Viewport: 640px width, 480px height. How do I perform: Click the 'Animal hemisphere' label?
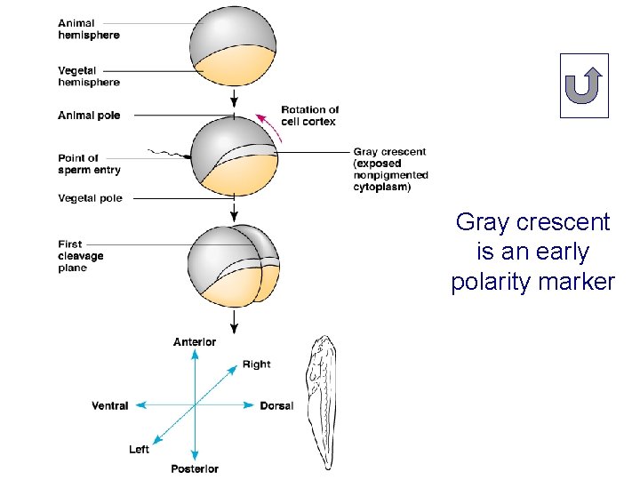[89, 29]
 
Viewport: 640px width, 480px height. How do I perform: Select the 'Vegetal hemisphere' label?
[89, 76]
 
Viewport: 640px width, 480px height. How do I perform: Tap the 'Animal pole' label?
[89, 116]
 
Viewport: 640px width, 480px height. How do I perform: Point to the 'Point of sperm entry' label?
[89, 164]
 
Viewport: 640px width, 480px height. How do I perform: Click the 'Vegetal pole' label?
[90, 198]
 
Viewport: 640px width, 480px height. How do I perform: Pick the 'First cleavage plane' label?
[81, 256]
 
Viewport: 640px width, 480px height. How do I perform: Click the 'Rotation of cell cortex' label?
[308, 116]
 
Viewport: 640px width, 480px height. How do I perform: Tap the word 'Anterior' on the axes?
[195, 342]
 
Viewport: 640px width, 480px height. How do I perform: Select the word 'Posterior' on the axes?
[195, 468]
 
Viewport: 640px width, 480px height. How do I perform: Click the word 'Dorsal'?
[276, 406]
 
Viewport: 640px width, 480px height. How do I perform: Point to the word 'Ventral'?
[110, 406]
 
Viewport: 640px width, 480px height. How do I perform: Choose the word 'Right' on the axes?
[256, 364]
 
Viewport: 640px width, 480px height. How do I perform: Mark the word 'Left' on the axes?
[139, 450]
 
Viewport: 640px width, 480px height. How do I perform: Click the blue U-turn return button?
[584, 86]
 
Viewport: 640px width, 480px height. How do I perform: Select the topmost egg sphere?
[233, 47]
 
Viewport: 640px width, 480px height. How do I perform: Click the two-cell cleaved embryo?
[233, 265]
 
